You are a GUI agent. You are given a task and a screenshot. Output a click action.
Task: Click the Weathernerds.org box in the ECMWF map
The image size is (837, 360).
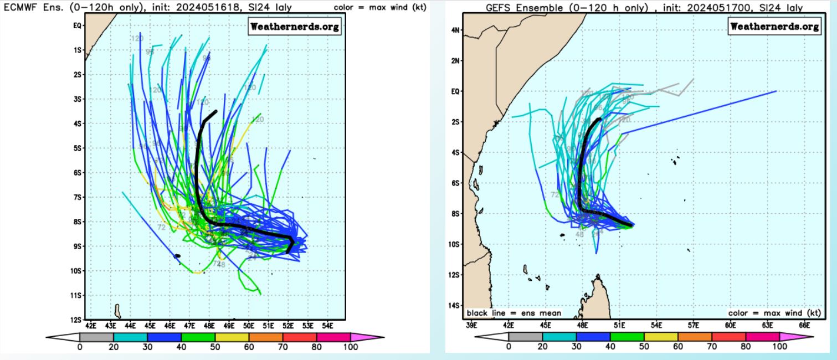pyautogui.click(x=295, y=27)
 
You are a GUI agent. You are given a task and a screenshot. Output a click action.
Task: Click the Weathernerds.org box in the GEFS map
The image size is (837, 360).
pyautogui.click(x=774, y=27)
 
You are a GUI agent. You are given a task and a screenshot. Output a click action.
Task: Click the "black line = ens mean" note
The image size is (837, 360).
pyautogui.click(x=514, y=313)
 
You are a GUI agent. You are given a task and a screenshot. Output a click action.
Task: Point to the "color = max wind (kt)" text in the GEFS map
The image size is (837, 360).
pyautogui.click(x=774, y=313)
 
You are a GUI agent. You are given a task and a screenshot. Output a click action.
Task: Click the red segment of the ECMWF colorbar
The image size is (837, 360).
pyautogui.click(x=300, y=336)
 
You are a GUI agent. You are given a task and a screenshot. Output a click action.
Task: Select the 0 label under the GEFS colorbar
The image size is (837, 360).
pyautogui.click(x=509, y=347)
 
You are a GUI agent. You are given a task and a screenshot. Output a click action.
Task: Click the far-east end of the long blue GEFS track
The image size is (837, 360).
pyautogui.click(x=776, y=91)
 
